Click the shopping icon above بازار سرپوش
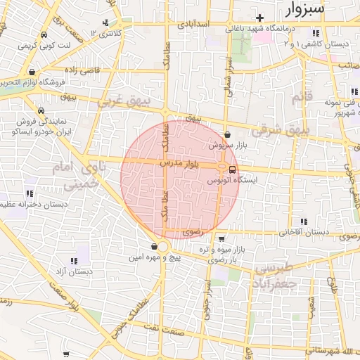point(227,134)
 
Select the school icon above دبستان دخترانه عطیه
point(30,193)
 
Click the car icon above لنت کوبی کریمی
point(44,35)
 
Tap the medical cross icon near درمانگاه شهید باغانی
point(259,18)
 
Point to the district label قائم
point(300,96)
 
